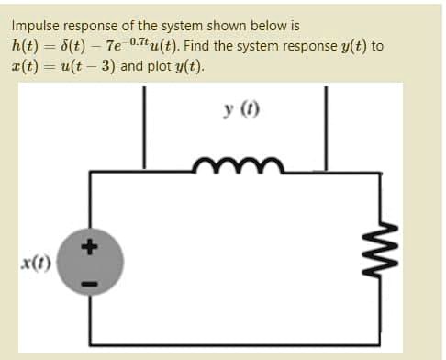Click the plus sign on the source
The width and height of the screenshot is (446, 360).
click(92, 246)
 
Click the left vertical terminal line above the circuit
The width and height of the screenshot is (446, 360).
click(143, 129)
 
